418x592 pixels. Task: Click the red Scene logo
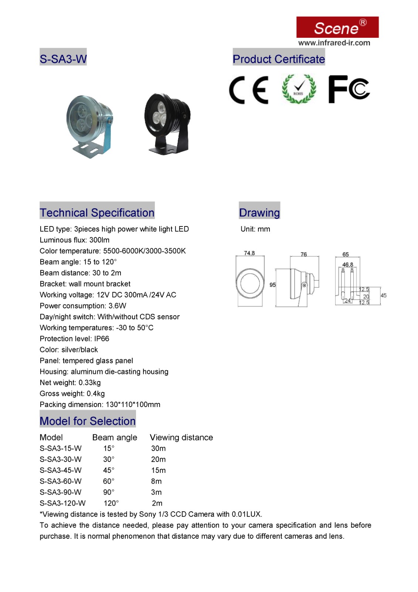[337, 27]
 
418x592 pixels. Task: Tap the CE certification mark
[248, 90]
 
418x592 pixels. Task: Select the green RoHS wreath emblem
[299, 89]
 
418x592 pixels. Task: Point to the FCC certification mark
[349, 89]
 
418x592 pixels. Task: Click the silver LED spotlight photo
[89, 126]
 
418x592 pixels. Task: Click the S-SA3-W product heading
[63, 59]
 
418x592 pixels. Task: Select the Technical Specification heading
[97, 212]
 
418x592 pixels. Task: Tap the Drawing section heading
[259, 212]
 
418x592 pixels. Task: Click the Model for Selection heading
[88, 421]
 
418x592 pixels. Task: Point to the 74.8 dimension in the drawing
[249, 253]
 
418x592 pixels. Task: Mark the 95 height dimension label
[273, 285]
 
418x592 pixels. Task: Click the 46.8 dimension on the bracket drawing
[347, 265]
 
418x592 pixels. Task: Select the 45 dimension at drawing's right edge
[384, 295]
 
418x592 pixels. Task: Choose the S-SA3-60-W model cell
[61, 481]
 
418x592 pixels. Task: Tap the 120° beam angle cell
[111, 503]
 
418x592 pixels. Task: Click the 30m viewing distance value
[158, 448]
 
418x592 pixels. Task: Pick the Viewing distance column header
[181, 437]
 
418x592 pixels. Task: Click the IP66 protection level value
[102, 339]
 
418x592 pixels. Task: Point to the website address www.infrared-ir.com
[334, 43]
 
